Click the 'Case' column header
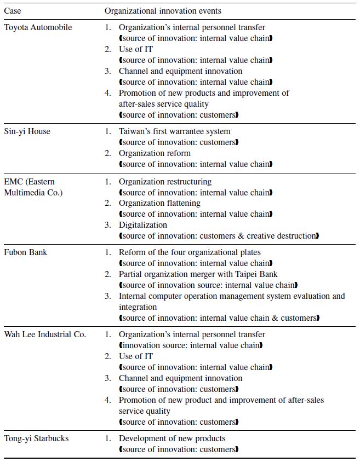[x=13, y=11]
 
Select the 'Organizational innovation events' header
[x=163, y=11]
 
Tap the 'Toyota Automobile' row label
[x=38, y=27]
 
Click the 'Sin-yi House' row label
[x=27, y=131]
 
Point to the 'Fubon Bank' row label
[x=26, y=252]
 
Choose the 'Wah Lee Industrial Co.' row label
[x=45, y=334]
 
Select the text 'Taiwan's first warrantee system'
[x=175, y=131]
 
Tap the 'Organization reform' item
[x=155, y=153]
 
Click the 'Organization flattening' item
[x=159, y=203]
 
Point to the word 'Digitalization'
[x=143, y=225]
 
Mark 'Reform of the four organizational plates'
[x=190, y=252]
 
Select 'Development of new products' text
[x=172, y=438]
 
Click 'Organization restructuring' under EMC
[x=165, y=182]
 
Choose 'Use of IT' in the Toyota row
[x=136, y=49]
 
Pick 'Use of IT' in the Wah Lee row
[x=136, y=356]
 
